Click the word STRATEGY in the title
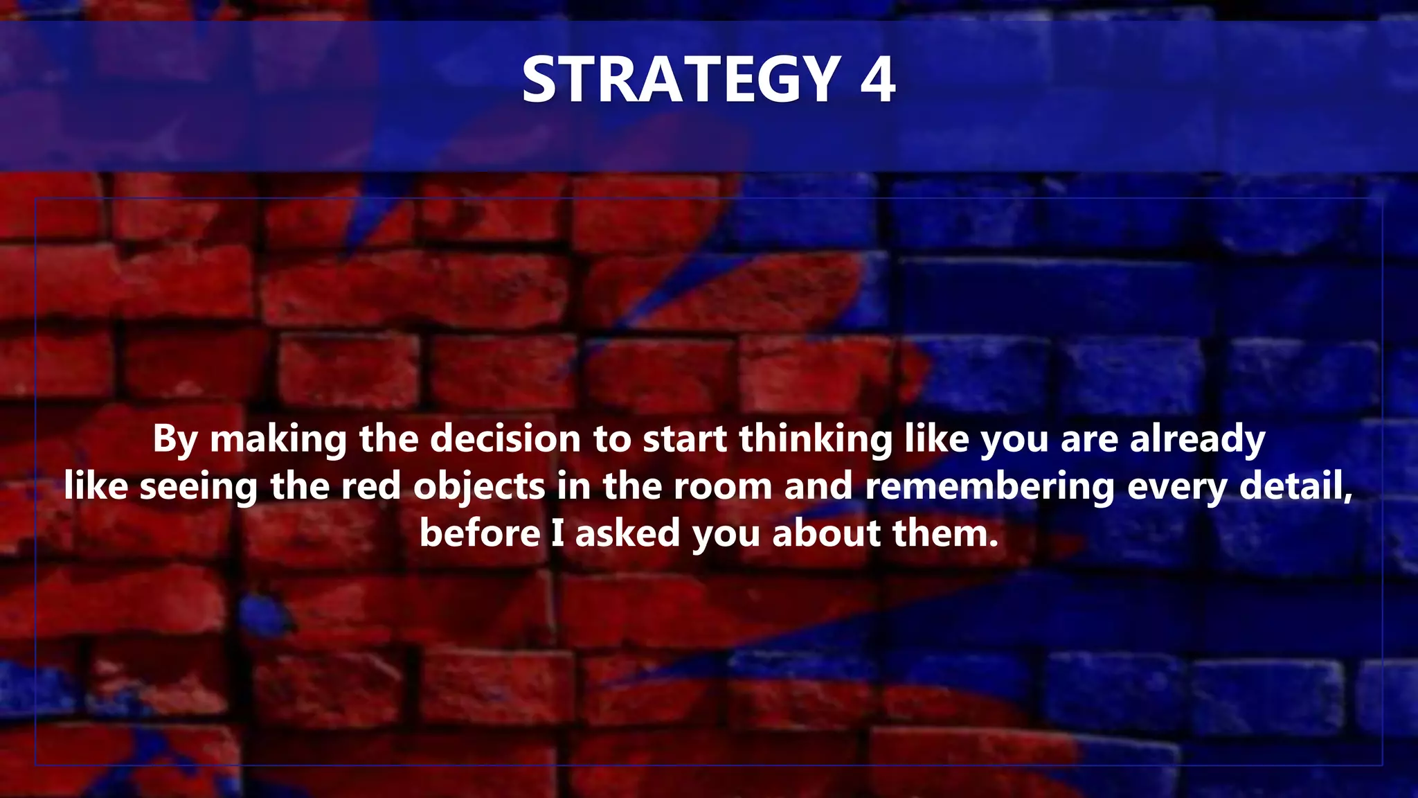[681, 80]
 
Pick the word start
[685, 439]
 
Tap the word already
[1198, 440]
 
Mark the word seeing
[199, 487]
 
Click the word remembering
[989, 486]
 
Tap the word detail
[1295, 486]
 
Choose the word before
[480, 533]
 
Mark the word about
[826, 533]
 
